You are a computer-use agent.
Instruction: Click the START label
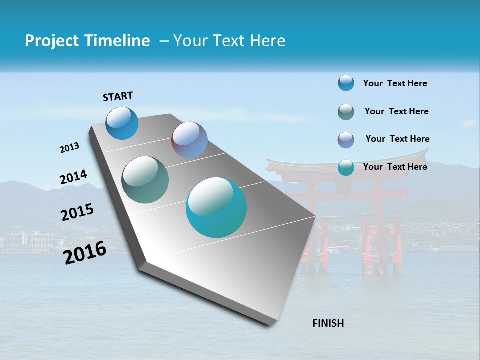(x=118, y=96)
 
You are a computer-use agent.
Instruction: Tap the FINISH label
(x=328, y=323)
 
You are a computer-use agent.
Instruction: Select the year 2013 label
(x=70, y=148)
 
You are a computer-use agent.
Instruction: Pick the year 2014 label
(x=73, y=177)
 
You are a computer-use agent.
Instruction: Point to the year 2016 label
(x=85, y=253)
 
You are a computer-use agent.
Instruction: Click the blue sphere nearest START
(x=122, y=123)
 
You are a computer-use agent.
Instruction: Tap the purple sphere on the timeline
(x=189, y=140)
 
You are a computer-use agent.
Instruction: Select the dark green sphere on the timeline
(x=145, y=180)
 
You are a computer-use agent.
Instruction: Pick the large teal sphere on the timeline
(x=216, y=207)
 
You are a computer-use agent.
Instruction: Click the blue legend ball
(x=346, y=83)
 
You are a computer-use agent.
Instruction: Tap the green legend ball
(x=346, y=112)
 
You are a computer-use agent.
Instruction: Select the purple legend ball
(x=346, y=140)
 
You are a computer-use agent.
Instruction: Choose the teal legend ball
(x=346, y=167)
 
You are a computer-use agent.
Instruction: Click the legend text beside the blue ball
(x=395, y=83)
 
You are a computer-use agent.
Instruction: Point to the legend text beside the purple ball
(x=397, y=139)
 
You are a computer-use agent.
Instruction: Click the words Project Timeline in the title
(x=87, y=41)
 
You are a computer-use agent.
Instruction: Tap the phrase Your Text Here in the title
(x=229, y=41)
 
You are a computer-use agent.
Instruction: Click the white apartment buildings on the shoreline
(x=30, y=241)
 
